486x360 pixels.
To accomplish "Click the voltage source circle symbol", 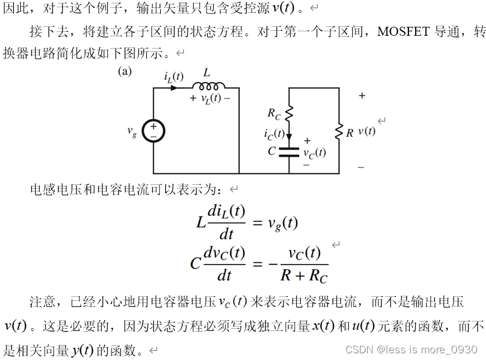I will click(153, 131).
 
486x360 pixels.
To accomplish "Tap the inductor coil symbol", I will click(209, 86).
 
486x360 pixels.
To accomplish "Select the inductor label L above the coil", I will click(207, 73).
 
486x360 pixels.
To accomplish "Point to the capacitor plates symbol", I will click(288, 152).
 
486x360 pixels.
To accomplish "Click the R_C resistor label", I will click(274, 114).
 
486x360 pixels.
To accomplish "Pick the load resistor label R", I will click(349, 133).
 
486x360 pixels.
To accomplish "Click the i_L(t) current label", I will click(174, 77).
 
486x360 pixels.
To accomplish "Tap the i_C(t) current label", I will click(274, 134).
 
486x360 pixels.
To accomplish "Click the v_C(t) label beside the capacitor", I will click(314, 152).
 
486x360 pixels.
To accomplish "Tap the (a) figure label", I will click(124, 71).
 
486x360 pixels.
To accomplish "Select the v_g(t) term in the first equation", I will click(282, 224).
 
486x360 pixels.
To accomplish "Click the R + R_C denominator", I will click(304, 275).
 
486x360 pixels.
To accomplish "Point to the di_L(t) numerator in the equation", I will click(226, 212).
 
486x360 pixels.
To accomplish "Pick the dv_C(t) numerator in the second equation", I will click(224, 253).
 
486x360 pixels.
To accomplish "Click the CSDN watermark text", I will click(411, 349).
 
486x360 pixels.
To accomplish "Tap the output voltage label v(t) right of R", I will click(367, 132).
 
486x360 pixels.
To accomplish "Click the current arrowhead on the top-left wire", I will click(175, 88).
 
